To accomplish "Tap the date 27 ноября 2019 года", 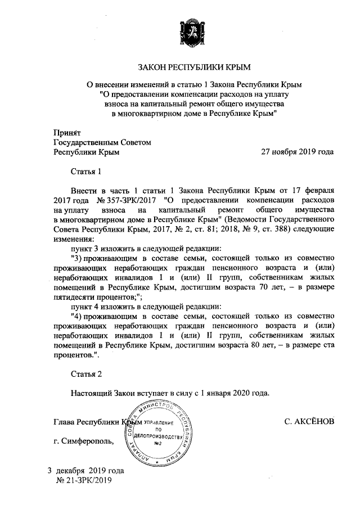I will click(x=298, y=152).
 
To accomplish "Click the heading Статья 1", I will click(x=85, y=171).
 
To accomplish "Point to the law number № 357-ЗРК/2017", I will click(x=127, y=200).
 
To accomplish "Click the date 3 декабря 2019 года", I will click(x=85, y=470).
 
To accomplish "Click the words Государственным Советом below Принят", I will click(x=102, y=143).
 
